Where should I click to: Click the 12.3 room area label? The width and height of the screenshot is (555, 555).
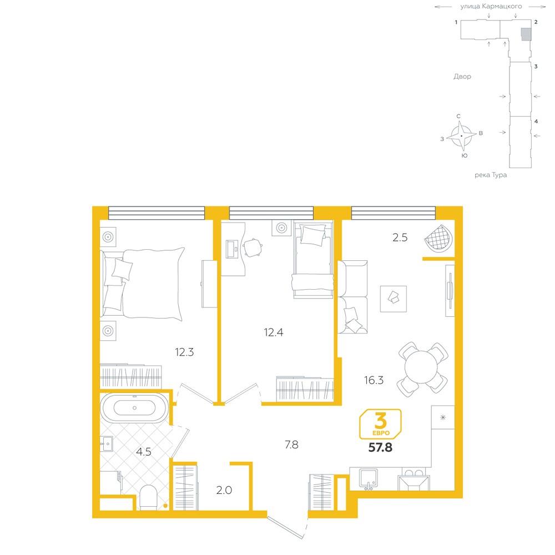[x=184, y=352]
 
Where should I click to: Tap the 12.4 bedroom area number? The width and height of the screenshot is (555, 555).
[x=273, y=332]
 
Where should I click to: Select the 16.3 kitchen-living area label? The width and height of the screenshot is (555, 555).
[x=374, y=380]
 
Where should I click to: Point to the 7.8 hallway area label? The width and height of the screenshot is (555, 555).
[x=292, y=445]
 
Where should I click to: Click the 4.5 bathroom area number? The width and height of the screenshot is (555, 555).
[x=144, y=452]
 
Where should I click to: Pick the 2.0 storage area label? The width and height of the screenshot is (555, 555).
[x=224, y=490]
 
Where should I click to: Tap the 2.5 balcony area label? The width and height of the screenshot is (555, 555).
[x=400, y=238]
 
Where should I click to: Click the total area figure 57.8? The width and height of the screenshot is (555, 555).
[x=381, y=447]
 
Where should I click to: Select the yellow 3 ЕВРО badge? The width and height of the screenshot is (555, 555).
[x=381, y=424]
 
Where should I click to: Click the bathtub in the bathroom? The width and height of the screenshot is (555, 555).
[x=134, y=408]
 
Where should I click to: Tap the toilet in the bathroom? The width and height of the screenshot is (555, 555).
[x=148, y=497]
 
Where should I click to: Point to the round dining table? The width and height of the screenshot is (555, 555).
[x=422, y=367]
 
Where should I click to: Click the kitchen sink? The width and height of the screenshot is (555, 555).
[x=369, y=478]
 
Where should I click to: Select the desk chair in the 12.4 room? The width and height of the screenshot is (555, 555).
[x=253, y=248]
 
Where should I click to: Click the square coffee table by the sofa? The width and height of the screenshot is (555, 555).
[x=393, y=299]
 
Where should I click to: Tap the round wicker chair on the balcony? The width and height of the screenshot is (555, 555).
[x=439, y=238]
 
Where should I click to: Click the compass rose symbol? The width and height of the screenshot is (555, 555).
[x=461, y=136]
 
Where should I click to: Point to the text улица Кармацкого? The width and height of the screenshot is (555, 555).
[x=491, y=6]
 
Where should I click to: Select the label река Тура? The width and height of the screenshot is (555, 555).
[x=491, y=175]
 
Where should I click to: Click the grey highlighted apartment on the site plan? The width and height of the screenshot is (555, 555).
[x=526, y=34]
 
